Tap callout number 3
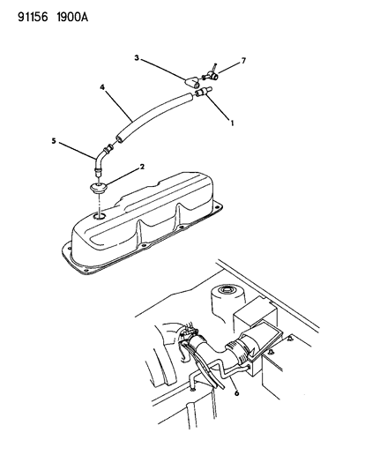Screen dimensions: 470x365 (137, 57)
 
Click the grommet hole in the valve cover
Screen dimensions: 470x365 (101, 216)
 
